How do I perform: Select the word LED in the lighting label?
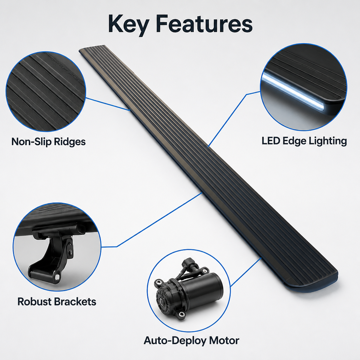pyautogui.click(x=270, y=141)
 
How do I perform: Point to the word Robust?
pyautogui.click(x=34, y=301)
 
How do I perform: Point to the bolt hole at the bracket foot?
pyautogui.click(x=57, y=277)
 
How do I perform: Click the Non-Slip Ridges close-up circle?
pyautogui.click(x=46, y=91)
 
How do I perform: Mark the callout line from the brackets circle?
pyautogui.click(x=151, y=220)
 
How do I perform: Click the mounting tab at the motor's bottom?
pyautogui.click(x=181, y=314)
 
